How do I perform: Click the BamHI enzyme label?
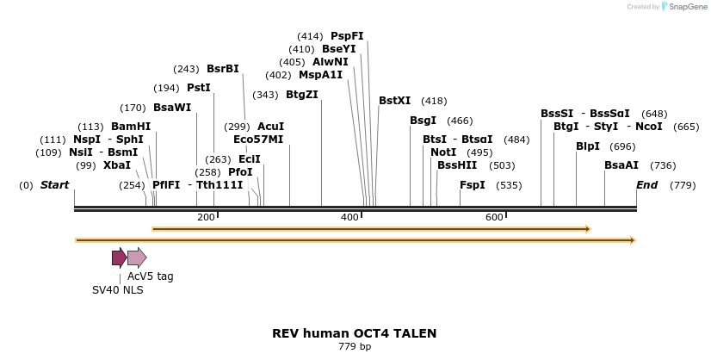click(131, 127)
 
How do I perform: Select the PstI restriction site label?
click(199, 88)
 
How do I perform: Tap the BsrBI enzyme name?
click(223, 69)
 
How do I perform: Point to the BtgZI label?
click(302, 95)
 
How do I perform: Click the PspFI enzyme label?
click(347, 36)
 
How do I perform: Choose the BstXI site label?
click(395, 101)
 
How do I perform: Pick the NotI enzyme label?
click(444, 152)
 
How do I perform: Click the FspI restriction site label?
click(473, 185)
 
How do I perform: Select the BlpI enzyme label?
click(588, 146)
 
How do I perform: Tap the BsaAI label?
click(621, 165)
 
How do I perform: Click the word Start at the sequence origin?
click(54, 185)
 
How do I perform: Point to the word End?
click(646, 185)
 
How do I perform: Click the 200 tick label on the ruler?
click(206, 217)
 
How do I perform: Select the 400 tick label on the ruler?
click(349, 217)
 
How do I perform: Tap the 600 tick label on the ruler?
click(494, 217)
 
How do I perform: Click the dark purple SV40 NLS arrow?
click(119, 258)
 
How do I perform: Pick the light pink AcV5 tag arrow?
click(137, 258)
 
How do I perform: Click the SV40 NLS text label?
click(118, 290)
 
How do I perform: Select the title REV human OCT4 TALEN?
click(355, 333)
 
